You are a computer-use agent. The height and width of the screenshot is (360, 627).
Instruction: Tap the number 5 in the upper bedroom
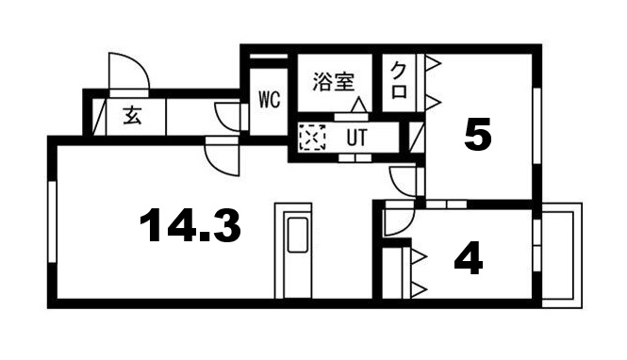[478, 138]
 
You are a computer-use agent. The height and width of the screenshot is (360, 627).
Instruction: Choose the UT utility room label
[356, 138]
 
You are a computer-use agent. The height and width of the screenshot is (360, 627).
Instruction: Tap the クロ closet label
[400, 81]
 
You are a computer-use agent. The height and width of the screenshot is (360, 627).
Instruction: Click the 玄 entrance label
[133, 117]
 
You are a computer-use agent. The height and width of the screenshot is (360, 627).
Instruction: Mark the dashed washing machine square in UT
[310, 139]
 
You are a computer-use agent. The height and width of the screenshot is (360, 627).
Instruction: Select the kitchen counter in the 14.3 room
[297, 251]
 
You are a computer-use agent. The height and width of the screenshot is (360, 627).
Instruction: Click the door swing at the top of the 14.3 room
[223, 156]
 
